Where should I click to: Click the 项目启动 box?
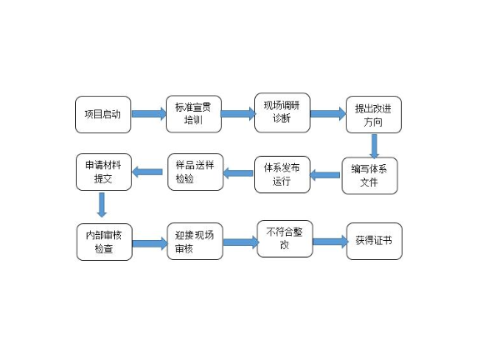pos(102,114)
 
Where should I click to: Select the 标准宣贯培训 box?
pos(193,114)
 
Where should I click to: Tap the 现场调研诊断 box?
pos(282,112)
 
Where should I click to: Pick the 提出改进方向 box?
pos(373,114)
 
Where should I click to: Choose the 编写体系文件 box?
pos(369,176)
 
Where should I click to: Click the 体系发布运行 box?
pos(282,174)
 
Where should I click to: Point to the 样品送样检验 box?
pos(195,172)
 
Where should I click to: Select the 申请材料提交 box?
pos(103,172)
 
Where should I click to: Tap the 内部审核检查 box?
pos(104,242)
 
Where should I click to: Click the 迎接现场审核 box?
pos(195,241)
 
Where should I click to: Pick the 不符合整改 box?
pos(285,239)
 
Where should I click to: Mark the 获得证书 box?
pos(374,241)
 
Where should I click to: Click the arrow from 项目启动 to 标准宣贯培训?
pos(149,114)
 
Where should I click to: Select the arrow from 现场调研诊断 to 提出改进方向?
pos(327,113)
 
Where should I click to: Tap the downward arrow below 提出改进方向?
pos(374,146)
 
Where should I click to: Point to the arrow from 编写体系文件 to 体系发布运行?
pos(325,175)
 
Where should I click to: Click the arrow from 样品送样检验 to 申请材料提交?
pos(147,172)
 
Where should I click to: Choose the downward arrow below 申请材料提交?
pos(102,205)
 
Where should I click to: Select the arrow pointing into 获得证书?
pos(330,242)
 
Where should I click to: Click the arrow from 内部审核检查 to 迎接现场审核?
pos(150,243)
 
